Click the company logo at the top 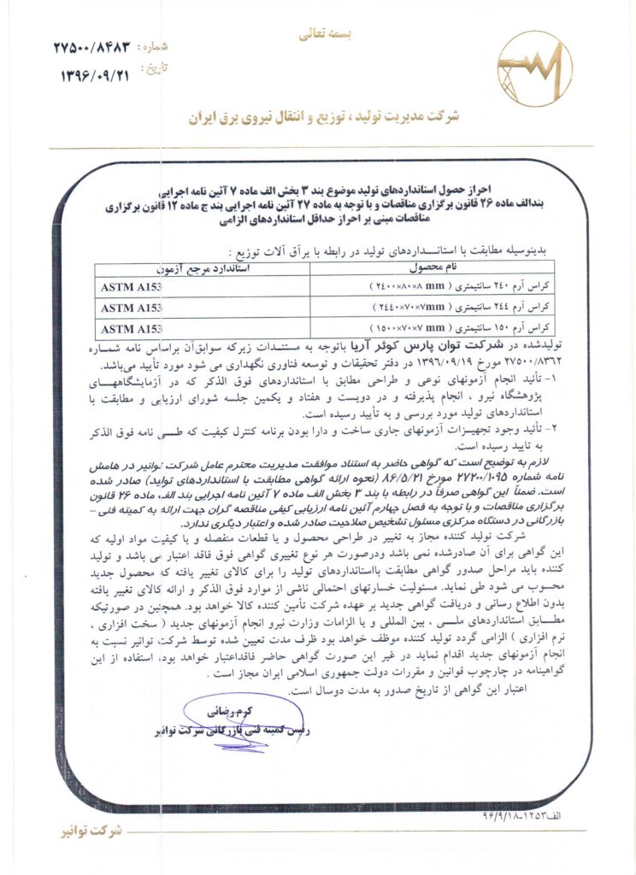[x=535, y=68]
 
